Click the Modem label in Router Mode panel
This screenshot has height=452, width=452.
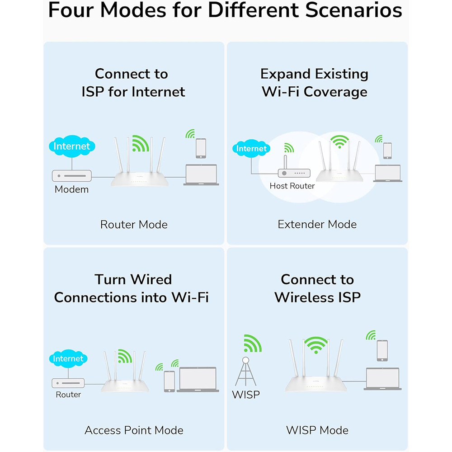click(71, 189)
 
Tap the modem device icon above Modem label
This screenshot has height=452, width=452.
click(72, 175)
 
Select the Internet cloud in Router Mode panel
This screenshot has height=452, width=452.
click(72, 146)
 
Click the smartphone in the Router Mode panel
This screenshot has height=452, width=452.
click(201, 148)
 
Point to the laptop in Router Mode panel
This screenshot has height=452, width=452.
click(201, 174)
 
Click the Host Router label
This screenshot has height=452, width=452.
click(292, 186)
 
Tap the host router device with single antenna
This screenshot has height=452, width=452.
click(294, 169)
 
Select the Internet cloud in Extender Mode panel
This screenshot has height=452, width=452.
click(251, 148)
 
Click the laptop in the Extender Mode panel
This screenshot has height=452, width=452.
click(388, 173)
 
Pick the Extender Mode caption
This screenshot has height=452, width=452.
click(317, 224)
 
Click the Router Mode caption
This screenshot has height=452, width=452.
click(134, 225)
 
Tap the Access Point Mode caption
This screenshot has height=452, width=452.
click(134, 430)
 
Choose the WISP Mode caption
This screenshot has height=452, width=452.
click(317, 430)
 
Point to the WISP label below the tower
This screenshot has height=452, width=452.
click(245, 394)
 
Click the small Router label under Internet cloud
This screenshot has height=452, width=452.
click(68, 394)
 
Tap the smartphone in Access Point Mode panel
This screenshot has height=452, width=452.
click(169, 381)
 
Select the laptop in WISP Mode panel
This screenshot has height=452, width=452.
click(382, 378)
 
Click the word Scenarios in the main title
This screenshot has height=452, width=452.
click(353, 10)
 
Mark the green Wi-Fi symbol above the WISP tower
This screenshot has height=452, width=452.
click(253, 344)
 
